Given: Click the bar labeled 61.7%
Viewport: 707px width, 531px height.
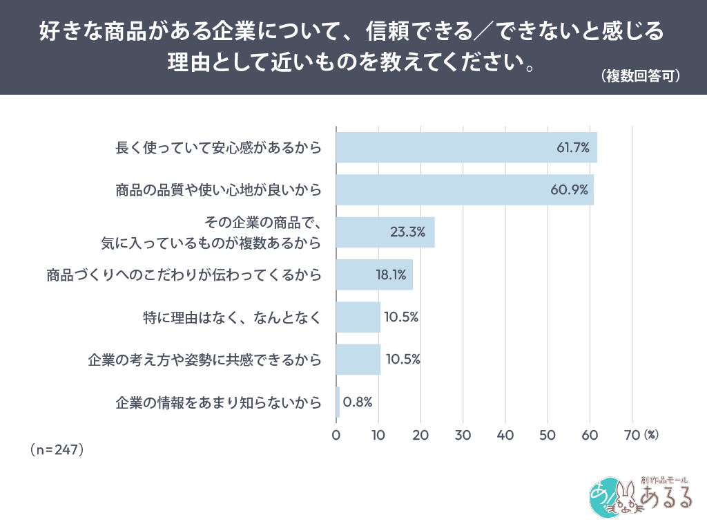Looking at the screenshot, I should pyautogui.click(x=466, y=147).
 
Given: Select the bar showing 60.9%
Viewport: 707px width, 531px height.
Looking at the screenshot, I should pyautogui.click(x=464, y=189).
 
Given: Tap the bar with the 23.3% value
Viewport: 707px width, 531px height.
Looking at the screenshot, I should pyautogui.click(x=385, y=232).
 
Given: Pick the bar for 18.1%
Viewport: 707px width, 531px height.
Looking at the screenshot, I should pyautogui.click(x=374, y=274).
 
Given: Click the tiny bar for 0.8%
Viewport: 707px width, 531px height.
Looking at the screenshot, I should pyautogui.click(x=338, y=402).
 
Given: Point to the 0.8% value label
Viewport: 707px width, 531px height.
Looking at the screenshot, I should pyautogui.click(x=358, y=402).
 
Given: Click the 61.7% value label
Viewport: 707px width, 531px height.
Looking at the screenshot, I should pyautogui.click(x=573, y=147).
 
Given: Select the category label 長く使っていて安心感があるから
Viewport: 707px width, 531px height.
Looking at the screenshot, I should pyautogui.click(x=218, y=147).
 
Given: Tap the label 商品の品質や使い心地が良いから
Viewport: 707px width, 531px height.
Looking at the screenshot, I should pyautogui.click(x=218, y=189).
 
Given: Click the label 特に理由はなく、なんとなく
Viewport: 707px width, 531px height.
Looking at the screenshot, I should pyautogui.click(x=231, y=317).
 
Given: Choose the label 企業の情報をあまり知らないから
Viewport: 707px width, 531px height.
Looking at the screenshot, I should pyautogui.click(x=218, y=402).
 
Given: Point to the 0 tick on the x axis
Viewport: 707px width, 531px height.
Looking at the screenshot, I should pyautogui.click(x=336, y=435).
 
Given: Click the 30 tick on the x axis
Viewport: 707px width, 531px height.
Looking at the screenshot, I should pyautogui.click(x=463, y=435).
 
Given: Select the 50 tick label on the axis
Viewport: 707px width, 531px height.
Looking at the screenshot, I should pyautogui.click(x=548, y=435).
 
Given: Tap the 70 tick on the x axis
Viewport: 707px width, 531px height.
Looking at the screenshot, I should pyautogui.click(x=632, y=435).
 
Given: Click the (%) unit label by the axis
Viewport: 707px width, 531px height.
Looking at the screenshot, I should pyautogui.click(x=651, y=435).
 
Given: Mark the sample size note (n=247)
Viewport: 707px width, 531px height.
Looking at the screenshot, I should pyautogui.click(x=57, y=449).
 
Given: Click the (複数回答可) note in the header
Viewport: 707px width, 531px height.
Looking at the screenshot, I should pyautogui.click(x=641, y=75).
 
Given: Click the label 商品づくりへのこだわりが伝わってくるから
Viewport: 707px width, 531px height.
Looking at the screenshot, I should pyautogui.click(x=184, y=274).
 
